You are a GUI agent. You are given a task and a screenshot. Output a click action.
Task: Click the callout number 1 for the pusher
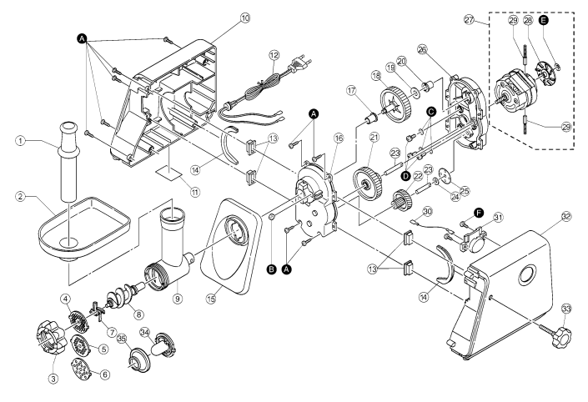point(20,141)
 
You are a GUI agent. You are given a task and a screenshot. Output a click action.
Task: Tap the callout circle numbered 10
point(245,18)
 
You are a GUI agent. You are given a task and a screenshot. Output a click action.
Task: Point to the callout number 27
point(469,19)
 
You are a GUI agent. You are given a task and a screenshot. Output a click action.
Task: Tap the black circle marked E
point(543,20)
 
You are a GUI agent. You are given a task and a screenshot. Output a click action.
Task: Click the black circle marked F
point(478,213)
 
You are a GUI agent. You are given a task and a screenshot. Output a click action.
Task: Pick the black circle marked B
point(271,269)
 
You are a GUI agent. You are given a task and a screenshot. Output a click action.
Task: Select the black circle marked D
point(405,175)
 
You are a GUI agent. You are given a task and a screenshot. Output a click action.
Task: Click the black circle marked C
point(431,111)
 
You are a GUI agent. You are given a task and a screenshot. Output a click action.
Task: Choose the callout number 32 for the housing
point(565,216)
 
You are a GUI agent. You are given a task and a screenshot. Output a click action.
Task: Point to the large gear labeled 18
point(395,103)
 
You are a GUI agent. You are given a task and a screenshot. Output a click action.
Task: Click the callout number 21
point(374,138)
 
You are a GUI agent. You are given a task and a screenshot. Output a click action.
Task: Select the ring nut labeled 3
point(52,338)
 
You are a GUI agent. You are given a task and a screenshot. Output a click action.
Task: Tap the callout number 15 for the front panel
point(212,299)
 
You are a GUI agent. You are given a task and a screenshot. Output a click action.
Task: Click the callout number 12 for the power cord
point(274,55)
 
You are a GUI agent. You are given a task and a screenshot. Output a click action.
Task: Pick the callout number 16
point(339,138)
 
